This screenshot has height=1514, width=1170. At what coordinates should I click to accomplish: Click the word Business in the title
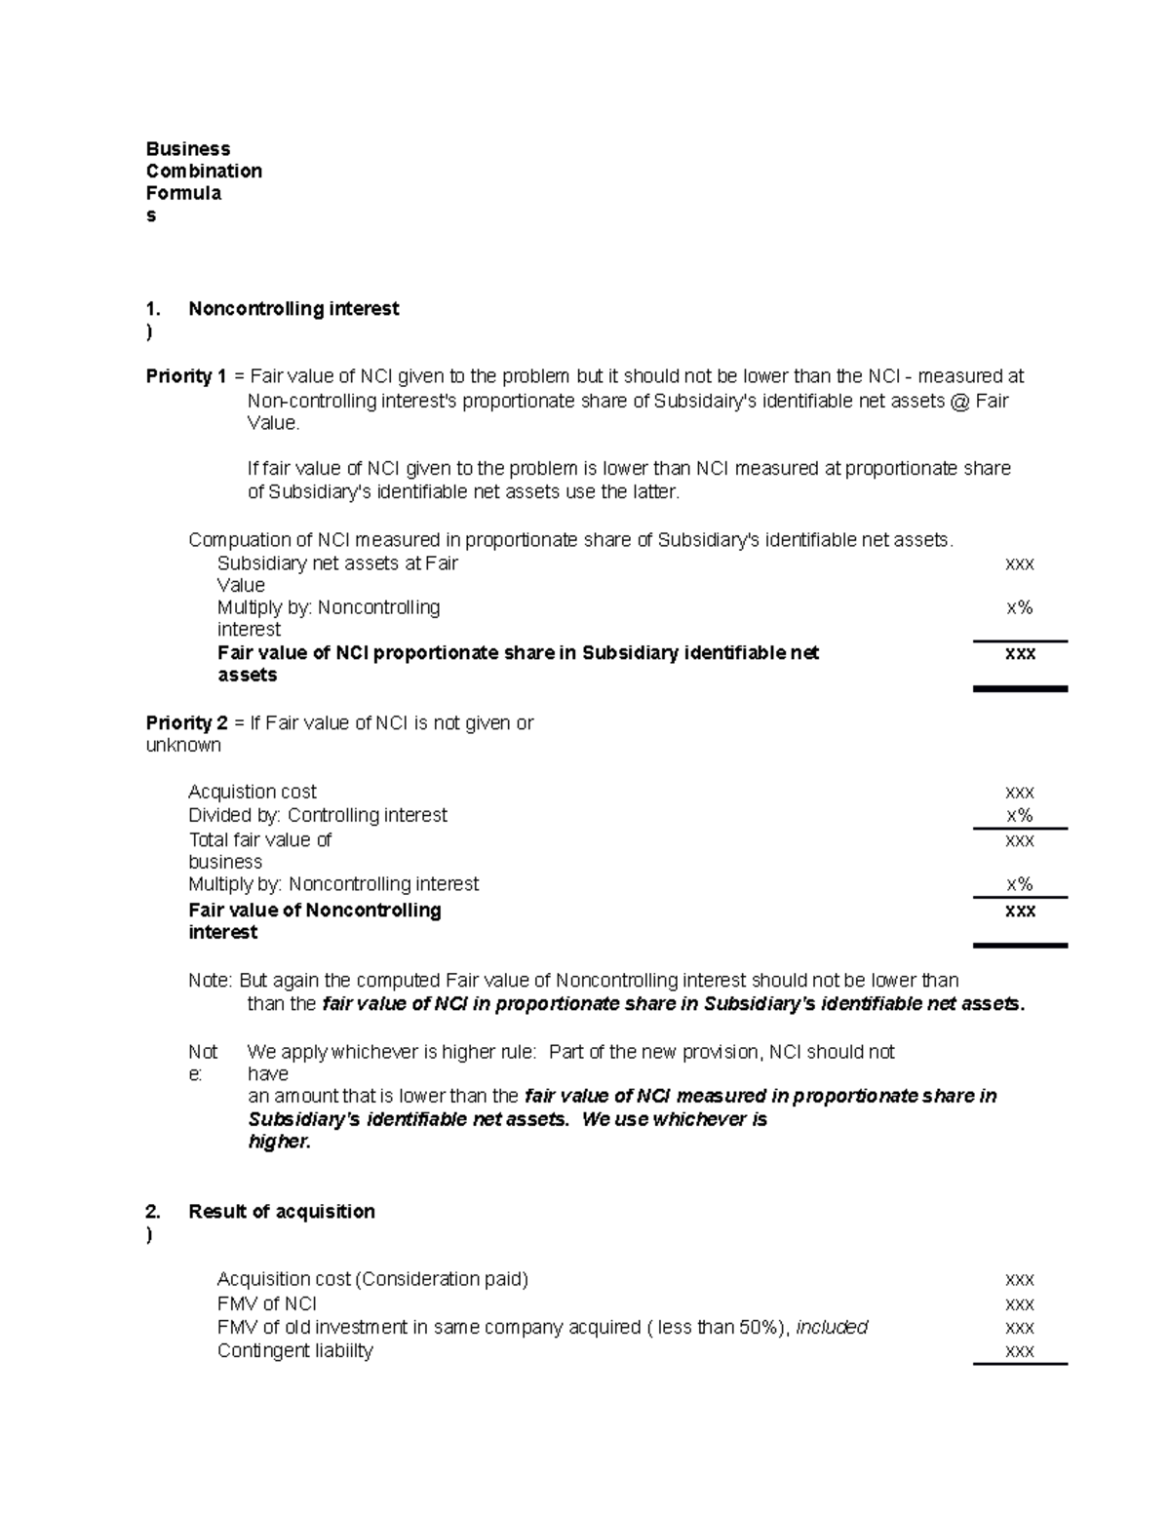pyautogui.click(x=188, y=149)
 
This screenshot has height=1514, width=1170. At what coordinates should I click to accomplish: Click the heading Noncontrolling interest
pyautogui.click(x=293, y=309)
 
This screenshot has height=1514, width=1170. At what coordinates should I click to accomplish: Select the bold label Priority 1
pyautogui.click(x=186, y=376)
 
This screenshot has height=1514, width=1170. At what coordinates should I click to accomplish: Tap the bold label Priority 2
pyautogui.click(x=186, y=723)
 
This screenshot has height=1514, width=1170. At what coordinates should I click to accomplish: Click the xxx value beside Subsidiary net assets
pyautogui.click(x=1020, y=563)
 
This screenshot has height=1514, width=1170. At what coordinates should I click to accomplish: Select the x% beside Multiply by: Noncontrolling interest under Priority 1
pyautogui.click(x=1020, y=608)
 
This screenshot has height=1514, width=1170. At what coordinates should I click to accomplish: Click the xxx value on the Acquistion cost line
pyautogui.click(x=1020, y=793)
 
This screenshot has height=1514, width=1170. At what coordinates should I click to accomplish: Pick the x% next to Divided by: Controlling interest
pyautogui.click(x=1020, y=816)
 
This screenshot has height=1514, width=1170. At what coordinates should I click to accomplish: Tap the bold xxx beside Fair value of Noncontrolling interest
pyautogui.click(x=1020, y=911)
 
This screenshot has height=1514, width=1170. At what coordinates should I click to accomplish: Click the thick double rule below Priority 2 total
pyautogui.click(x=1020, y=946)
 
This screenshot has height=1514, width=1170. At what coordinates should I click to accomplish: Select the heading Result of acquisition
pyautogui.click(x=282, y=1212)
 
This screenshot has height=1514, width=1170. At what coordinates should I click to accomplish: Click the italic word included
pyautogui.click(x=832, y=1328)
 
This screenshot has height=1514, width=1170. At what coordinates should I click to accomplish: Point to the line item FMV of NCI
pyautogui.click(x=267, y=1304)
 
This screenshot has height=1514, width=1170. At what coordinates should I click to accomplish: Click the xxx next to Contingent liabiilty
pyautogui.click(x=1020, y=1351)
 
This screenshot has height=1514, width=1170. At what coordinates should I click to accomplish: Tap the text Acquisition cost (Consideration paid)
pyautogui.click(x=372, y=1279)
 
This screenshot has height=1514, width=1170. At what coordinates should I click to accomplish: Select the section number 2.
pyautogui.click(x=152, y=1212)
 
